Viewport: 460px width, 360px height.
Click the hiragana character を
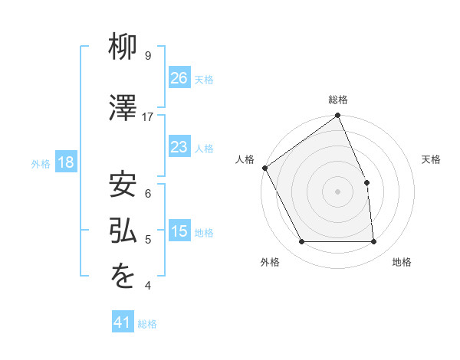pyautogui.click(x=123, y=278)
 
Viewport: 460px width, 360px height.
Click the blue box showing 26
pyautogui.click(x=179, y=77)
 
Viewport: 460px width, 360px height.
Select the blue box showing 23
pyautogui.click(x=179, y=147)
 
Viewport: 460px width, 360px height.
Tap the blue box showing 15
pyautogui.click(x=179, y=231)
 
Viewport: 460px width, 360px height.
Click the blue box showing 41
pyautogui.click(x=123, y=322)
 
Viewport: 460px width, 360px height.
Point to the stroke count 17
pyautogui.click(x=148, y=117)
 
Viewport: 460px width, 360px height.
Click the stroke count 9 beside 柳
pyautogui.click(x=147, y=56)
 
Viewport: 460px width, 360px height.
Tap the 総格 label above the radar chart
pyautogui.click(x=338, y=100)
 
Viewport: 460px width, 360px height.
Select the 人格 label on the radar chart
pyautogui.click(x=245, y=159)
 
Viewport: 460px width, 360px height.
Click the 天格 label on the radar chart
pyautogui.click(x=431, y=159)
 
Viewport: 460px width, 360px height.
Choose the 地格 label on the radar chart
pyautogui.click(x=402, y=262)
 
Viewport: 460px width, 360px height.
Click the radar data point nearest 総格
pyautogui.click(x=338, y=116)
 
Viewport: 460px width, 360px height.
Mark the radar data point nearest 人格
pyautogui.click(x=264, y=168)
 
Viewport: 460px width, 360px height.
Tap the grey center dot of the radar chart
pyautogui.click(x=337, y=191)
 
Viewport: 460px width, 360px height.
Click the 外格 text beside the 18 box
pyautogui.click(x=41, y=163)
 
